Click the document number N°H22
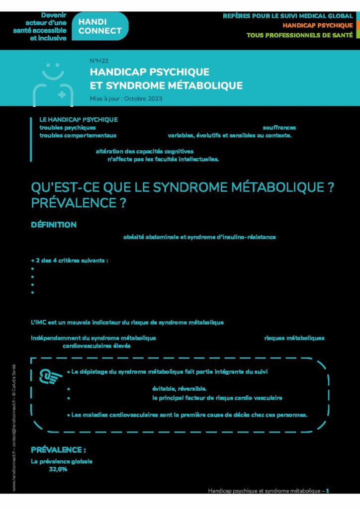(x=99, y=61)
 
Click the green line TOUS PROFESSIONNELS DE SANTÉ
(x=299, y=35)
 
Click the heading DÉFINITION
(x=54, y=225)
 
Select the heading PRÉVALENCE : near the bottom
(x=58, y=450)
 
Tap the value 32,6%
(x=58, y=469)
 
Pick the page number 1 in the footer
(x=327, y=491)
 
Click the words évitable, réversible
(x=179, y=389)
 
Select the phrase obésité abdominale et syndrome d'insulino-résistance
(x=199, y=237)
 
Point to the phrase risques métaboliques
(x=294, y=338)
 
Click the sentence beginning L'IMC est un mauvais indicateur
(x=127, y=323)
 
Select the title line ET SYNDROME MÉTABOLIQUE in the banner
(x=166, y=85)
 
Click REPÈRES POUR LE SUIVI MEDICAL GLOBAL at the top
(x=288, y=16)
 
